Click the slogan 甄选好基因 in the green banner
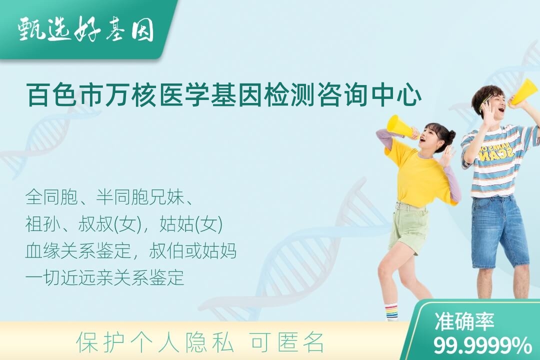click(86, 30)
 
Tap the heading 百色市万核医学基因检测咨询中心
click(224, 96)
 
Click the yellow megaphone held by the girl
click(401, 127)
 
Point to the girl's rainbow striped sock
click(391, 311)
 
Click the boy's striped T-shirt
click(499, 162)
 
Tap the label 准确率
click(464, 321)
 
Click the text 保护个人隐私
click(155, 342)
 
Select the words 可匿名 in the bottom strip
click(287, 342)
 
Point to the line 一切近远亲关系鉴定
click(104, 277)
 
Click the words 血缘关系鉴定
click(78, 251)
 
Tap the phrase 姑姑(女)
click(191, 224)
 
